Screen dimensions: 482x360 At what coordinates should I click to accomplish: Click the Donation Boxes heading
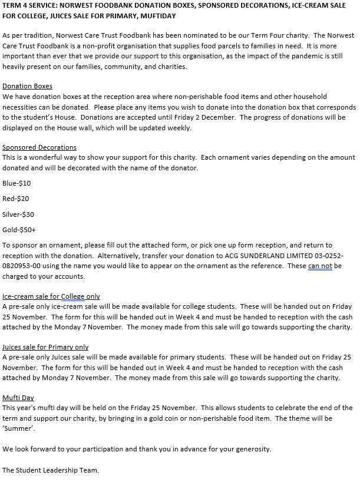27,86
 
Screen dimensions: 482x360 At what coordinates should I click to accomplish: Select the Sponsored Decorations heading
39,147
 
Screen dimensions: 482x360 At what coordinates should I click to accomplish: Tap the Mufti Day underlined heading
18,398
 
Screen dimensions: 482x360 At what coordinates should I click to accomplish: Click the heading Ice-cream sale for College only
51,296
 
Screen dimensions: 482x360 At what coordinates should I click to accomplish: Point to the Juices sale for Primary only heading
45,347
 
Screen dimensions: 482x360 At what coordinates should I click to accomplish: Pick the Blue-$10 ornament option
16,183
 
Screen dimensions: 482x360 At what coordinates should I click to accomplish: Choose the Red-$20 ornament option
16,199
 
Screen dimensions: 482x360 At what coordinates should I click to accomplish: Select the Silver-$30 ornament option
18,214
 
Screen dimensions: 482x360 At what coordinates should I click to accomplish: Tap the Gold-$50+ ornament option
19,230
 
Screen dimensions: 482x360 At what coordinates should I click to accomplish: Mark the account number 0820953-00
26,266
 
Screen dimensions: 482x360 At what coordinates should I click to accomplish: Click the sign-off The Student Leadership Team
51,470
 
